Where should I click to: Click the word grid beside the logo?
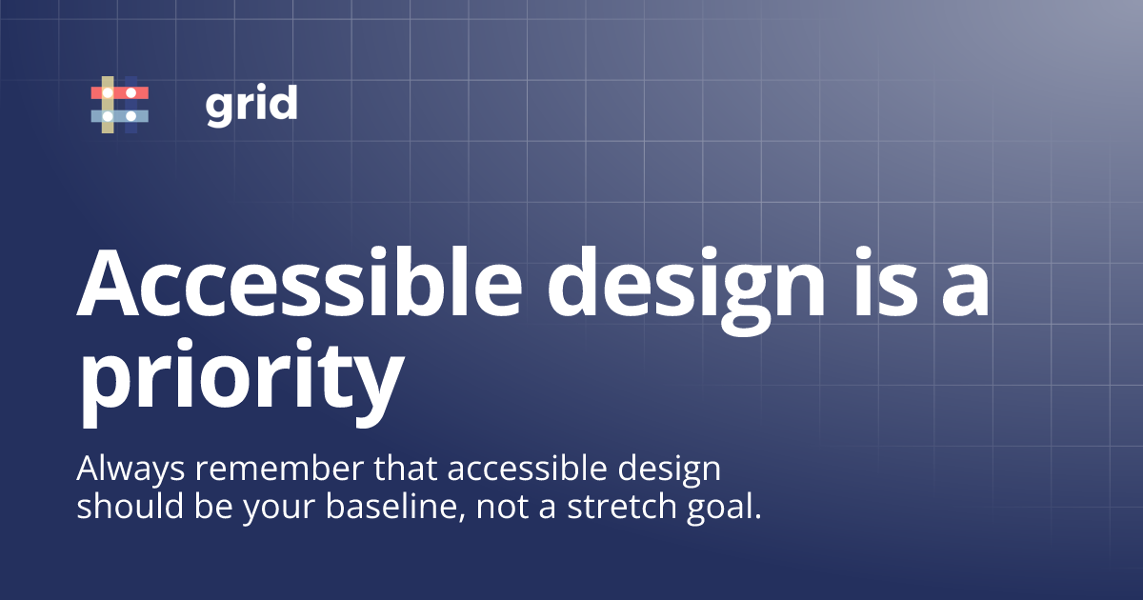coord(251,104)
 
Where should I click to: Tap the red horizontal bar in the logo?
coord(120,92)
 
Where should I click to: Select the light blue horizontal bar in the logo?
coord(120,116)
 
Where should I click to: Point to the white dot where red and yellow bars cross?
coord(108,92)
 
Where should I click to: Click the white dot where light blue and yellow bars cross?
coord(108,116)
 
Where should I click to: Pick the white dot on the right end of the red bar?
coord(131,92)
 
